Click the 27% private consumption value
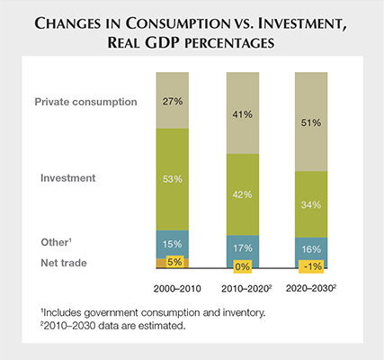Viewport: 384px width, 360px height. click(173, 102)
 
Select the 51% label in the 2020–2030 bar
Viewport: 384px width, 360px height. click(312, 124)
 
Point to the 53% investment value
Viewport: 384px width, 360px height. click(173, 179)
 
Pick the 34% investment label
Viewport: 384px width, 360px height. click(312, 202)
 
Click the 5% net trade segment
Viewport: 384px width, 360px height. click(173, 263)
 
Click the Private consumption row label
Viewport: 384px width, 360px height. click(86, 102)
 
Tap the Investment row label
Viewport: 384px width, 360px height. click(68, 179)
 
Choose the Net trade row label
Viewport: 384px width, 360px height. click(64, 263)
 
